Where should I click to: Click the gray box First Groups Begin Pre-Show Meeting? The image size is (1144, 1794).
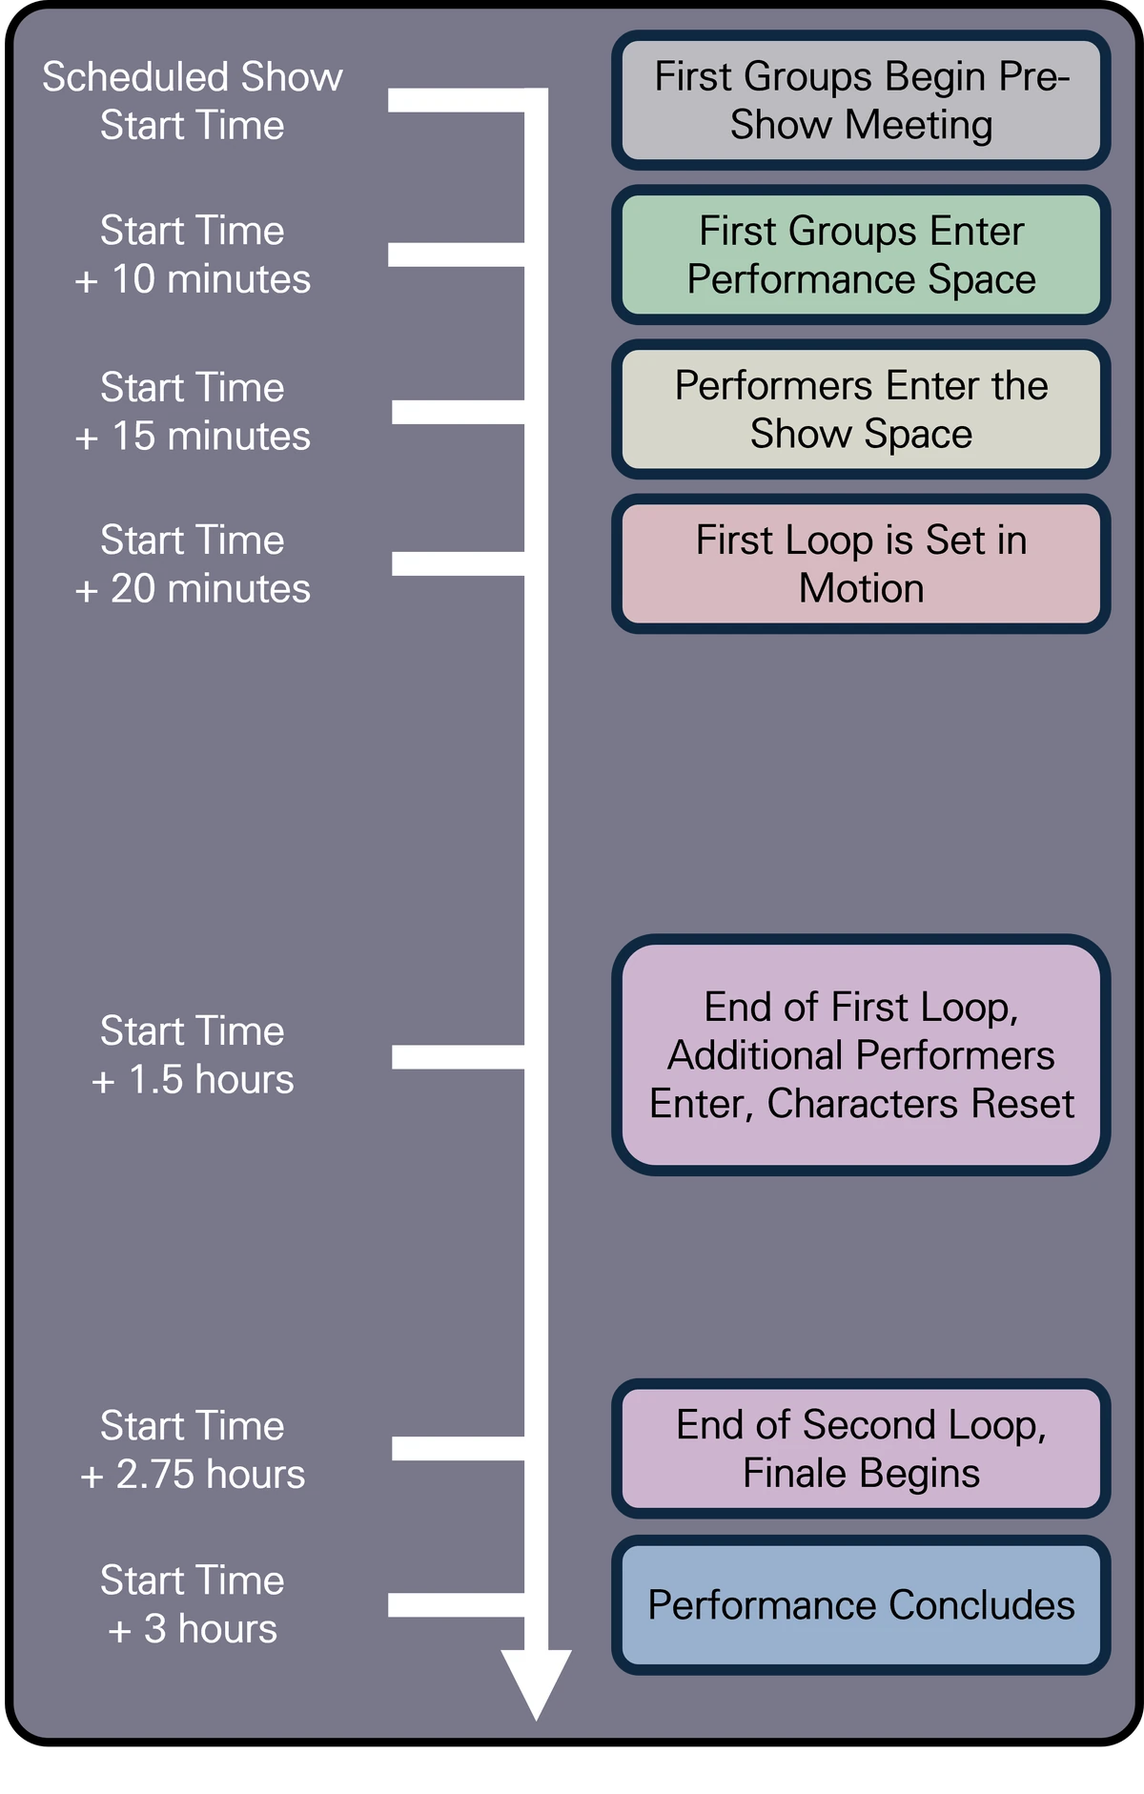click(x=861, y=100)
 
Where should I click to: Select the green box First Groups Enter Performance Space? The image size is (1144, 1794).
click(x=861, y=255)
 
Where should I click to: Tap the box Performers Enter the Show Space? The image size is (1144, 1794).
click(x=861, y=409)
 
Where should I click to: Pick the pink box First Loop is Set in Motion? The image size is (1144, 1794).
click(x=861, y=563)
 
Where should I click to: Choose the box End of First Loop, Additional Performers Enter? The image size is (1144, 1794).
click(x=861, y=1054)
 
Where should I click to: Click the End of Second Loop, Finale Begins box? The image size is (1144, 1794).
click(x=861, y=1448)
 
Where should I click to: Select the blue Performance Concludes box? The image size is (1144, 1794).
click(x=861, y=1604)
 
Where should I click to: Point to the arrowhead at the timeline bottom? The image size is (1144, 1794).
click(x=537, y=1682)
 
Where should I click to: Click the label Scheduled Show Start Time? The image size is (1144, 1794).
click(x=193, y=101)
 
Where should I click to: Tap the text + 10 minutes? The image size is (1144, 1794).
click(x=193, y=279)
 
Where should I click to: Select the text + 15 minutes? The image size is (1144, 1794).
click(x=193, y=436)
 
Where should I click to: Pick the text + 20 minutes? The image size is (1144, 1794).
click(x=193, y=588)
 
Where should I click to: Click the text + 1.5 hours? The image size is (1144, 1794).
click(x=193, y=1079)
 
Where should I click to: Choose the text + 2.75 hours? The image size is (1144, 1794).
click(x=193, y=1474)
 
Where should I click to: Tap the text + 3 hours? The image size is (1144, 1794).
click(x=193, y=1628)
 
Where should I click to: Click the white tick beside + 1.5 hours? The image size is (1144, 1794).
click(x=458, y=1056)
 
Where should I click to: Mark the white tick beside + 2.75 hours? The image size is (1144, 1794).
click(x=458, y=1449)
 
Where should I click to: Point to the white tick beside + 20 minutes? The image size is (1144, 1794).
click(x=458, y=563)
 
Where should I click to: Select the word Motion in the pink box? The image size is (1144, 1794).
click(x=861, y=588)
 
